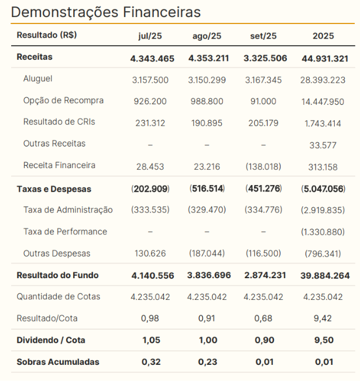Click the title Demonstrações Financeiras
click(x=105, y=12)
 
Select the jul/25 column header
click(x=150, y=36)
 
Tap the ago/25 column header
click(x=207, y=36)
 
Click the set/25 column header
click(x=263, y=36)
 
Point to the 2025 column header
click(x=323, y=36)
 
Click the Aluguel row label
click(x=37, y=78)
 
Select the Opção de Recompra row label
click(x=63, y=100)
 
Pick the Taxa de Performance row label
click(x=65, y=231)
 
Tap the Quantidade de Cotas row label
click(x=58, y=296)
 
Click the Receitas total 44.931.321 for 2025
click(x=323, y=58)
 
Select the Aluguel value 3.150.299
click(x=207, y=80)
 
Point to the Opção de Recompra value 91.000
click(x=263, y=101)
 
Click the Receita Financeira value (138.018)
click(x=263, y=166)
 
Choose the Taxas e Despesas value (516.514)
click(x=207, y=189)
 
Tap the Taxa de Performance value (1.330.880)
click(x=323, y=232)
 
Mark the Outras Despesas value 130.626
click(x=150, y=254)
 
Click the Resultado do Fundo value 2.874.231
click(x=263, y=275)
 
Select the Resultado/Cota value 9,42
click(x=323, y=319)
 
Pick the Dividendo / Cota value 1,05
click(x=150, y=340)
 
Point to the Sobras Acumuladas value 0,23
click(x=207, y=362)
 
